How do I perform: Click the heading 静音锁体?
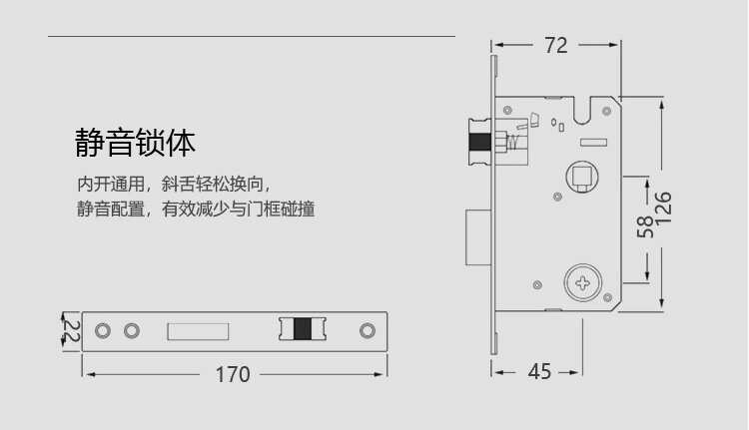[x=135, y=143]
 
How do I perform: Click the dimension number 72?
[x=555, y=45]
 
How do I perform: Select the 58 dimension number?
[x=644, y=227]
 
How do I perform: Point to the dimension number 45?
[x=539, y=372]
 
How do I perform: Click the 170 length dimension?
[x=233, y=375]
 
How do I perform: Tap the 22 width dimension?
[x=70, y=330]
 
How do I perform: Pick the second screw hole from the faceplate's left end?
[x=130, y=330]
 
